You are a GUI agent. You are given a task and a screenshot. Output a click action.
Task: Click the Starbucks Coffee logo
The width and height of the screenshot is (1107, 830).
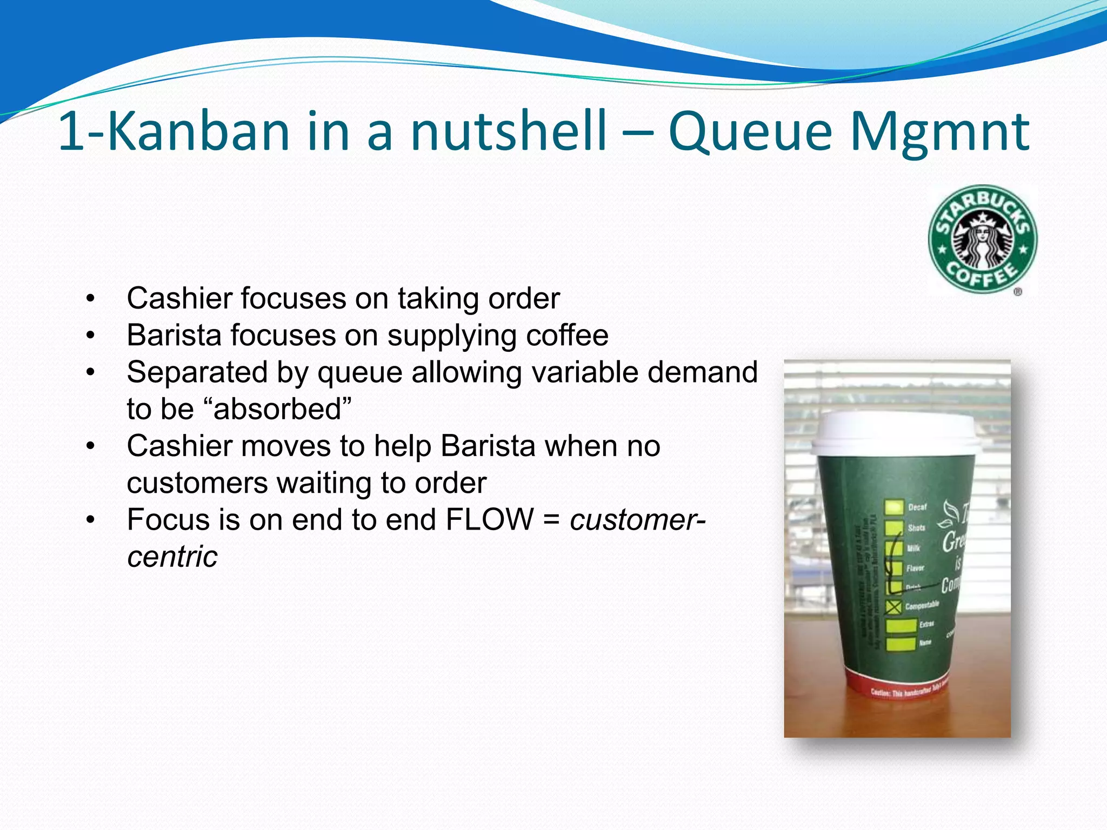(x=982, y=239)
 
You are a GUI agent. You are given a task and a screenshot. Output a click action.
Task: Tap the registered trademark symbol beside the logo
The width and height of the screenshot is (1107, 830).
(x=1017, y=292)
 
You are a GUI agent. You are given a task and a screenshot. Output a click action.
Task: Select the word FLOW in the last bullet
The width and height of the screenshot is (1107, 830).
(x=489, y=520)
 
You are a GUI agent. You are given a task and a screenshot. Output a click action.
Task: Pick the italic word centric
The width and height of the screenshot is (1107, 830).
(x=172, y=557)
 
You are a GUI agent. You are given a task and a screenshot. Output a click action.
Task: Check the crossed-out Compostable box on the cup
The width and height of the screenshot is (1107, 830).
(x=894, y=607)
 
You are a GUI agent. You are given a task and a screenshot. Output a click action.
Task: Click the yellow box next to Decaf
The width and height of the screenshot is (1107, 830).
(x=893, y=507)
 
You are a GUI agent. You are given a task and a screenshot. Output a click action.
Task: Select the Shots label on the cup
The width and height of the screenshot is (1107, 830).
(x=916, y=527)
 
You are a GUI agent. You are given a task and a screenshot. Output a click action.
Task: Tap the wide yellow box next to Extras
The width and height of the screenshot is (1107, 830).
(x=901, y=625)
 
